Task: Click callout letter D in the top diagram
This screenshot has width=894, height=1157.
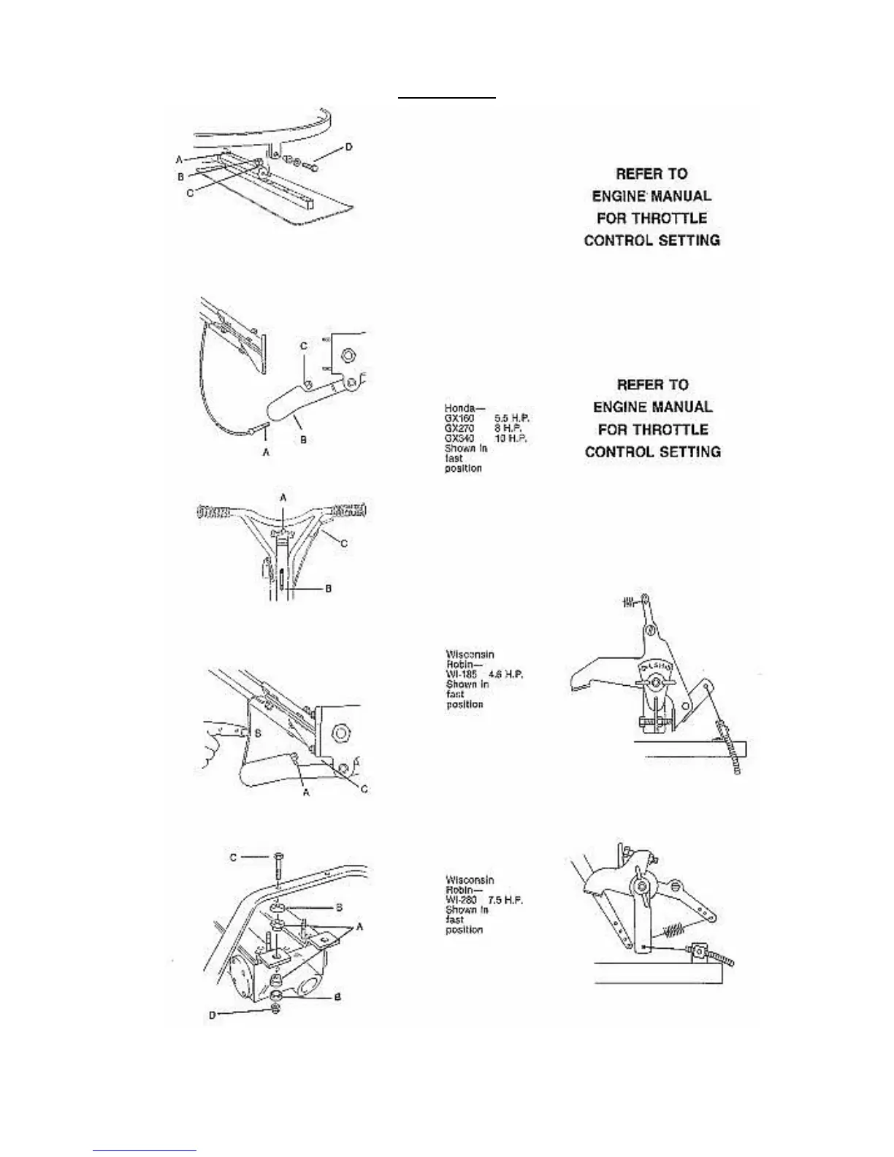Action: (x=348, y=148)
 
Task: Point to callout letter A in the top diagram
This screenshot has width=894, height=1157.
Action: (x=179, y=159)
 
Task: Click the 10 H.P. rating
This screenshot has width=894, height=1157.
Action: (x=511, y=438)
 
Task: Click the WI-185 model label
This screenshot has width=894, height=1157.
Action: (x=460, y=675)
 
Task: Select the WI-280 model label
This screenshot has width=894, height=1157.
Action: (x=461, y=900)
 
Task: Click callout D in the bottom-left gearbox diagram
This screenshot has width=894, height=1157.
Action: (x=213, y=1013)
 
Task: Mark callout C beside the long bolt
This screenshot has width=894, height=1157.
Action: (x=234, y=857)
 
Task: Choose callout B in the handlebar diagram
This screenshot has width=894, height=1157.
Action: (x=327, y=588)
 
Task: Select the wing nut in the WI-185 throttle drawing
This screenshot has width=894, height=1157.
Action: (x=654, y=682)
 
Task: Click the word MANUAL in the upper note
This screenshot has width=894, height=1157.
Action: (x=682, y=196)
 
